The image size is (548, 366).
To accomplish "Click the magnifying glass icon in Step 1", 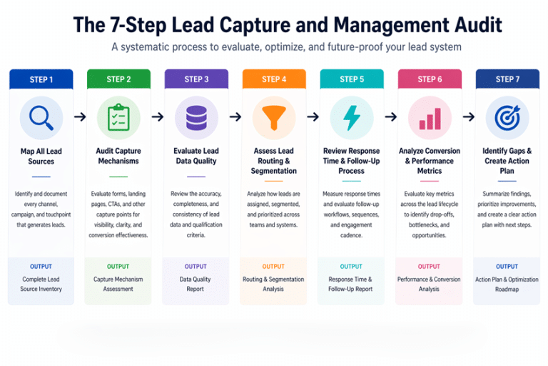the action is [41, 117].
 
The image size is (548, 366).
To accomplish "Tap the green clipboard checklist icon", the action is [118, 117].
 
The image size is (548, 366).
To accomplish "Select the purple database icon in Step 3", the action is [196, 117].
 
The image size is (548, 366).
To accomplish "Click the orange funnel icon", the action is [274, 117].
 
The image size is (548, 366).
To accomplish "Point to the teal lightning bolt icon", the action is [352, 117].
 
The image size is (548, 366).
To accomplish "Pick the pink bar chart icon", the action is [430, 117].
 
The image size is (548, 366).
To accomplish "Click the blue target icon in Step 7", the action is [507, 117].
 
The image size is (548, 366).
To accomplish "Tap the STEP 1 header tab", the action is [41, 79].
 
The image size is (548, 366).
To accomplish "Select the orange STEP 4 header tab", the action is [274, 79].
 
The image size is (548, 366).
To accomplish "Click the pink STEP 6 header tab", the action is [430, 79].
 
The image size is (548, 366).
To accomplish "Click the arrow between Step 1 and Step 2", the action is [79, 117].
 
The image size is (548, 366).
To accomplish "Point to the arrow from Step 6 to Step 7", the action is [469, 117].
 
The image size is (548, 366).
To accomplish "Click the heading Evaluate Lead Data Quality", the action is [196, 156].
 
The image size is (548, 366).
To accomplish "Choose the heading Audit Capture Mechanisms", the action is [118, 156].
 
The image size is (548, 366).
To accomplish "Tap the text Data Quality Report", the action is [196, 284].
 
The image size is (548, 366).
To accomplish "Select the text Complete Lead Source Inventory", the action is [41, 284].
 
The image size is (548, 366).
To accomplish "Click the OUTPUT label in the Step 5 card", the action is [352, 267].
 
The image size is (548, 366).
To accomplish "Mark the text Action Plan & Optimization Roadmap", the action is [507, 284].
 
